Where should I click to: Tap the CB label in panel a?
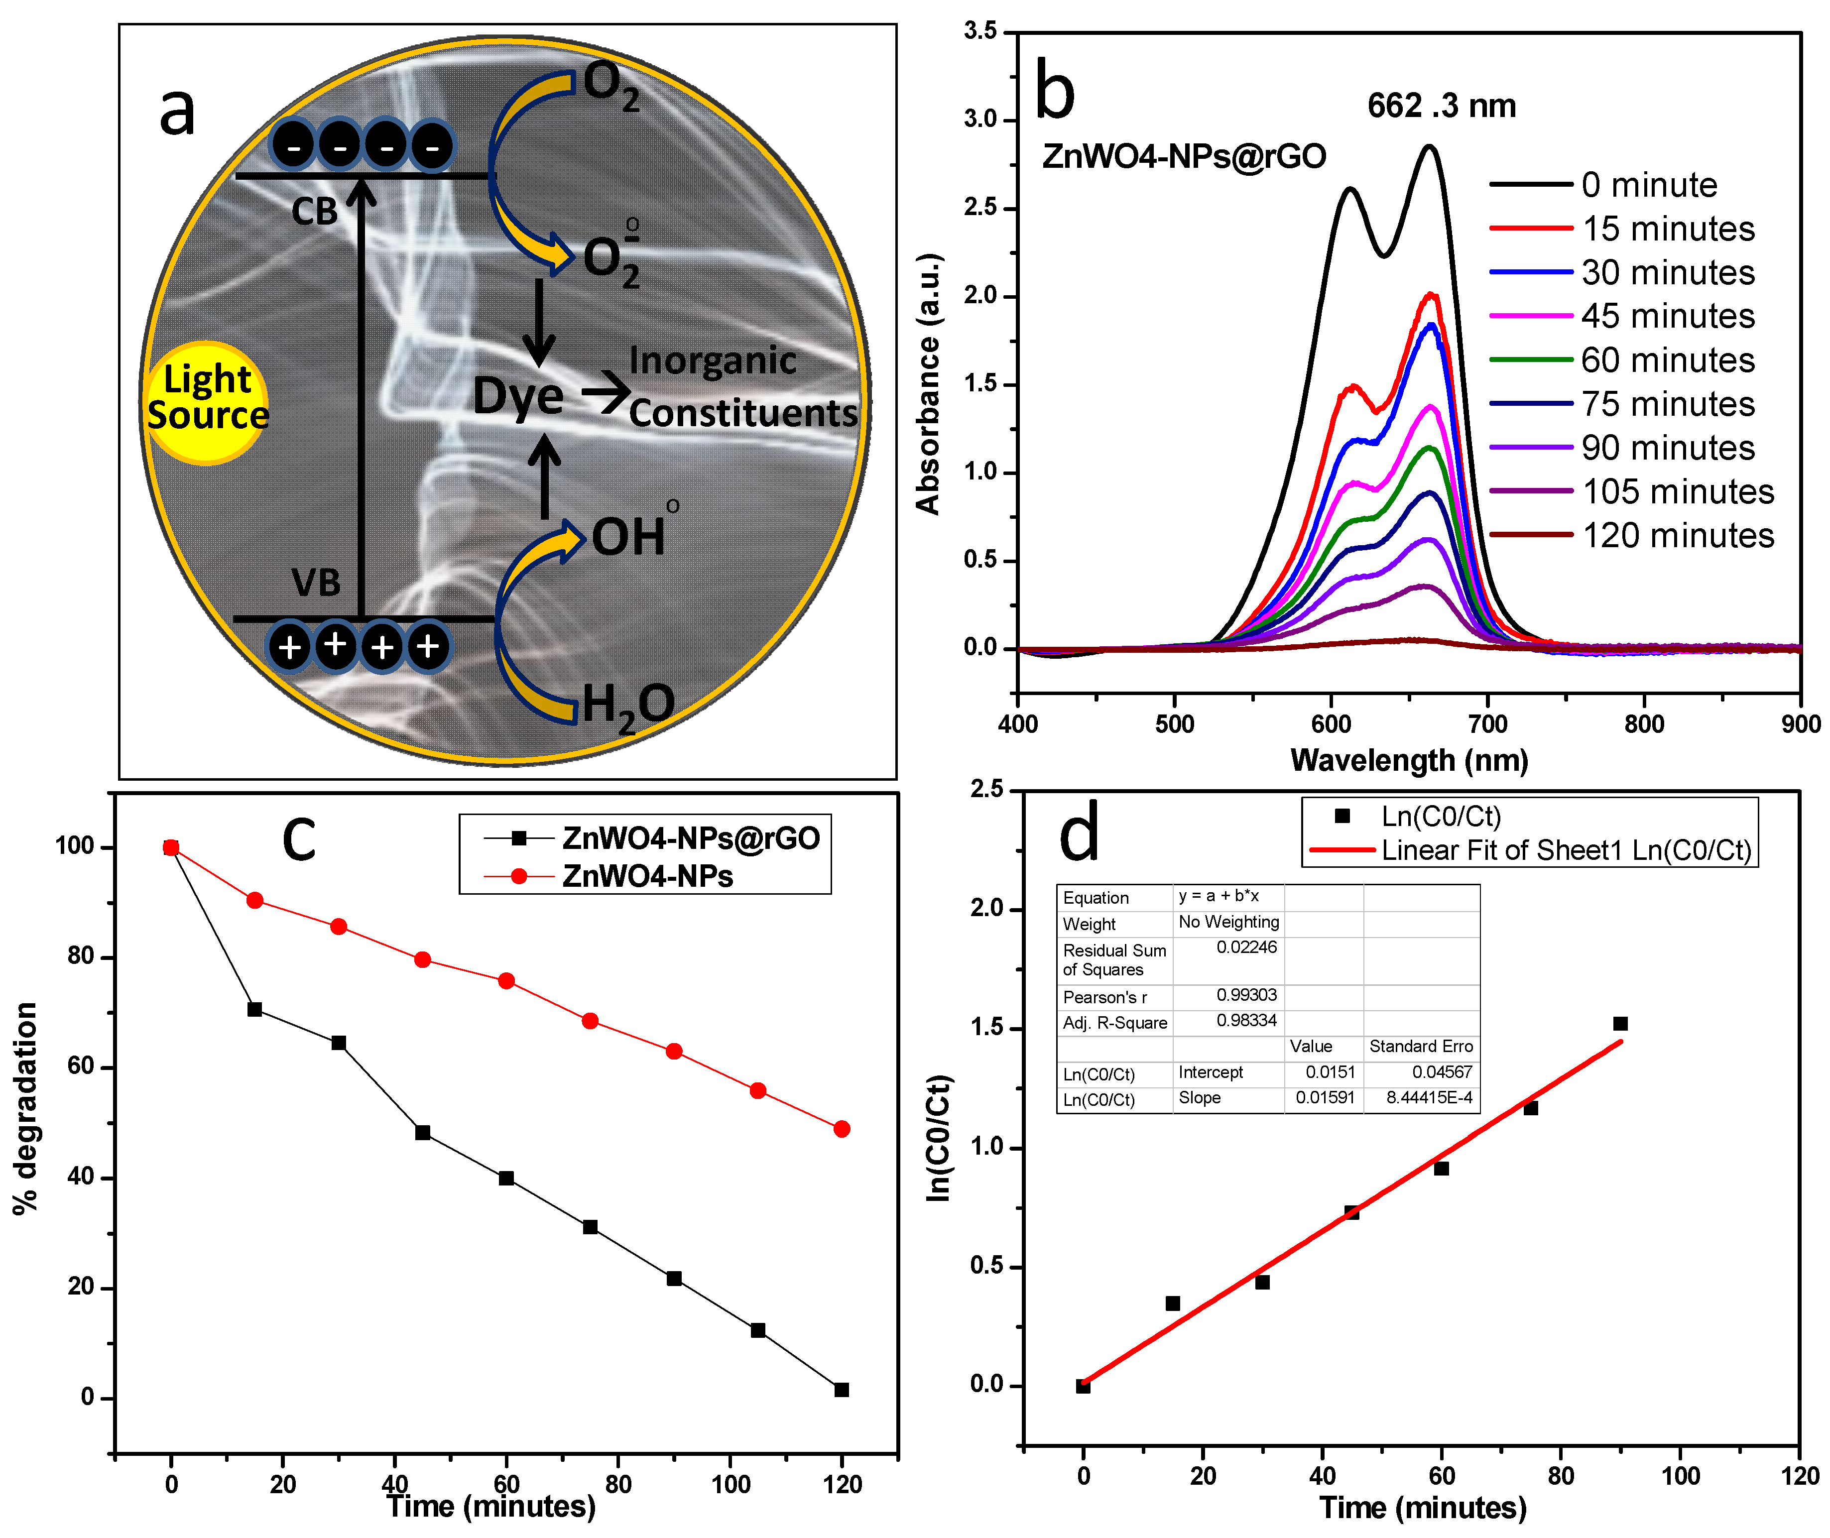coord(314,212)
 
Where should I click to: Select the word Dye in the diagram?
coord(518,397)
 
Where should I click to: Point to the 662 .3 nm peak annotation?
coord(1441,107)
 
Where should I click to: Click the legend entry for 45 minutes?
coord(1667,316)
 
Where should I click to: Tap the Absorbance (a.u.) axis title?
coord(929,383)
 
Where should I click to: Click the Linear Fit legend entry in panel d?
coord(1566,850)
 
